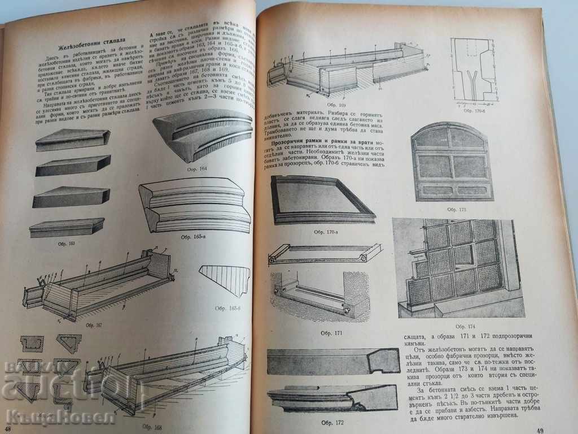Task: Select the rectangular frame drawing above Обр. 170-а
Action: [x=322, y=199]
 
